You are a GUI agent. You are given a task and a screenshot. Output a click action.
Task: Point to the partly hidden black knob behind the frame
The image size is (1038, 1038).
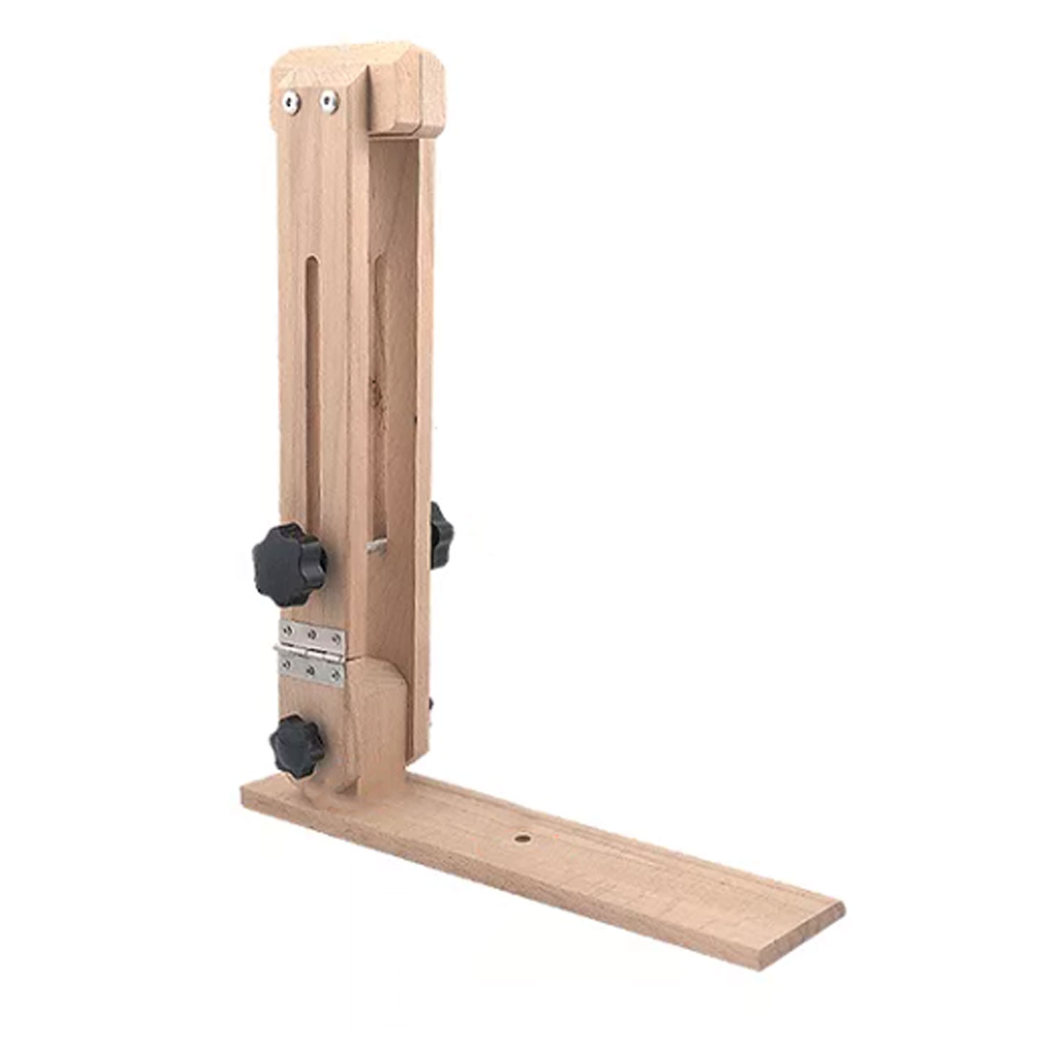coord(440,535)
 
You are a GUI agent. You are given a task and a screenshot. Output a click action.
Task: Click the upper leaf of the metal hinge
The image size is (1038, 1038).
coord(311,634)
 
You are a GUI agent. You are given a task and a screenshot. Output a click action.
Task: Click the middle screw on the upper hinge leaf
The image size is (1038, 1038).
coord(312,634)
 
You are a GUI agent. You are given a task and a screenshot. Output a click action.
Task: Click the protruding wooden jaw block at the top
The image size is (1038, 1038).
coord(406,94)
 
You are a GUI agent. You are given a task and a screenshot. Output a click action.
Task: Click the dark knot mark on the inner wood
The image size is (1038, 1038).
coord(374,390)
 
